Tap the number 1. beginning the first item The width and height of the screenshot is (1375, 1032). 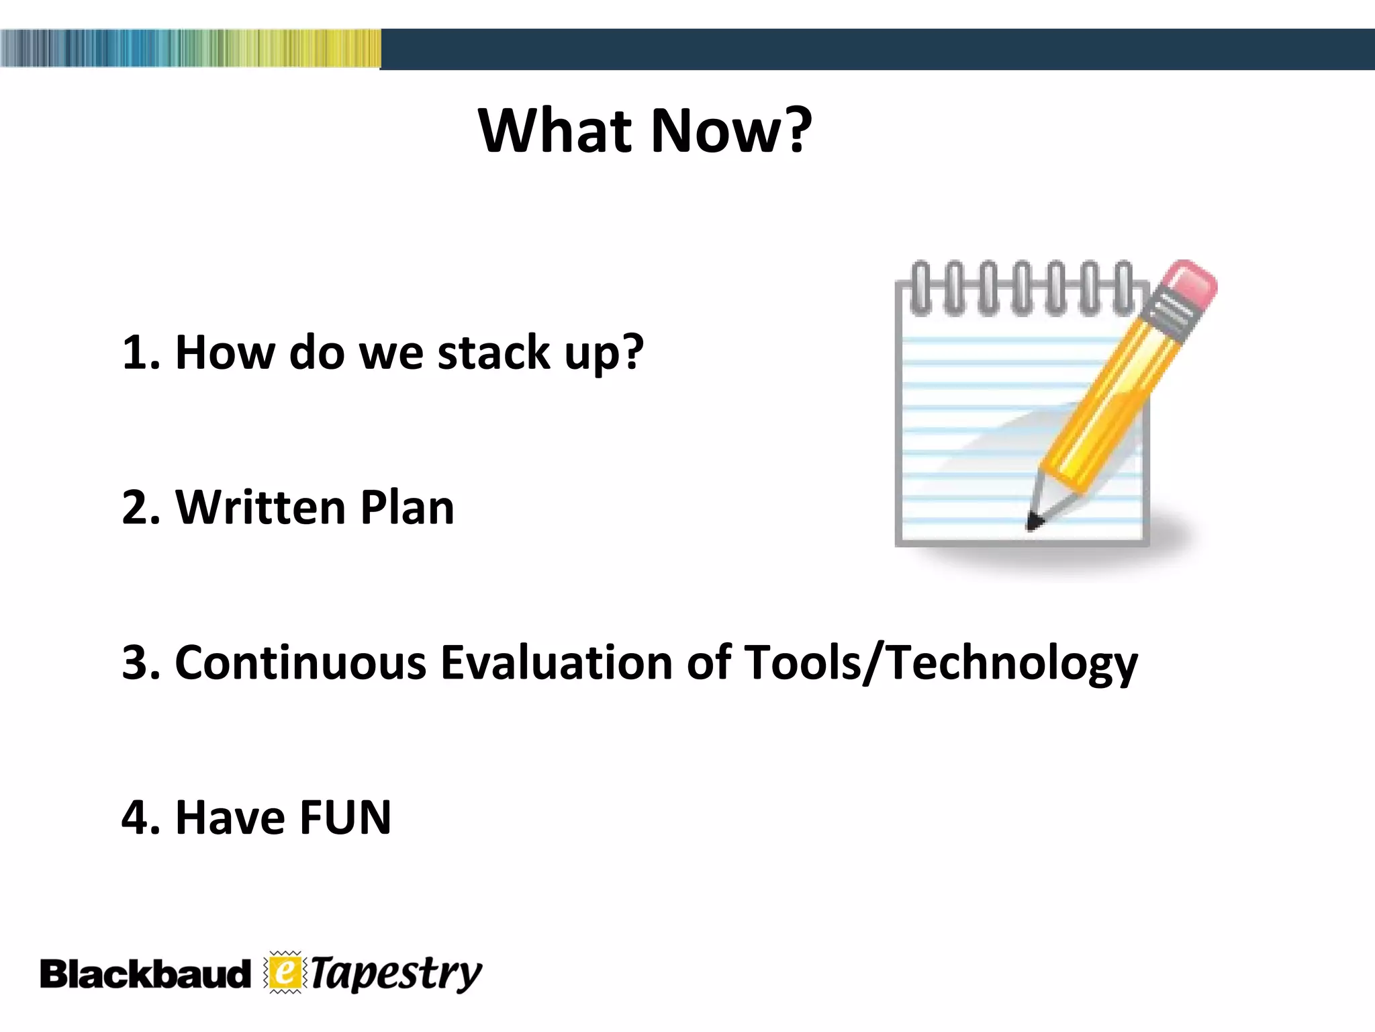click(140, 352)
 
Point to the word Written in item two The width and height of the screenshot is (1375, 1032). click(259, 507)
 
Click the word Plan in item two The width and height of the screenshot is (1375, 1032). click(407, 507)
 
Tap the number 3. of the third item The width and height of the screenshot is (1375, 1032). click(140, 662)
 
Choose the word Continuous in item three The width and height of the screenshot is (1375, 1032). click(300, 662)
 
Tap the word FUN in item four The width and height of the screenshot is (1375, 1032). click(345, 818)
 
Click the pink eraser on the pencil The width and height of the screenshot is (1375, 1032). click(1189, 283)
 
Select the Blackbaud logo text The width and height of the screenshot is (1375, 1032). click(144, 974)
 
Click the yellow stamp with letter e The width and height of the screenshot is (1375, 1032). click(285, 972)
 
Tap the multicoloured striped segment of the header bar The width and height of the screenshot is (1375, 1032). click(190, 48)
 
